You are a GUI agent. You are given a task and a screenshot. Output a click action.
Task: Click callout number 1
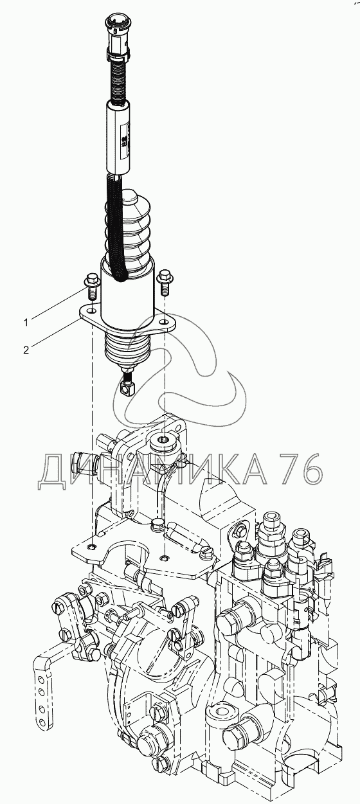point(26,323)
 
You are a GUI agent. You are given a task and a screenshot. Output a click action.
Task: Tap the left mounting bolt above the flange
point(91,283)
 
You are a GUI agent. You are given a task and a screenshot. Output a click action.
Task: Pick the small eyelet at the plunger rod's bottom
point(127,388)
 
